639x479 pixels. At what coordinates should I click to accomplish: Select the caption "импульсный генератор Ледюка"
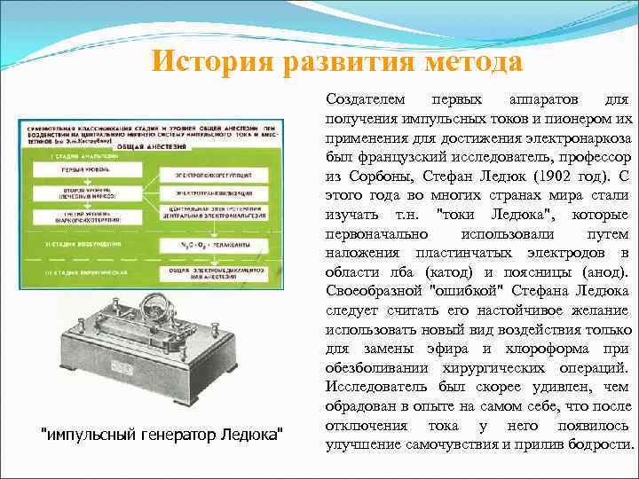[x=164, y=434]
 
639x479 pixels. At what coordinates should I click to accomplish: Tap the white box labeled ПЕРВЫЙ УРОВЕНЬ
[x=80, y=169]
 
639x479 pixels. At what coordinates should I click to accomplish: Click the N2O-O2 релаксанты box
[x=211, y=243]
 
